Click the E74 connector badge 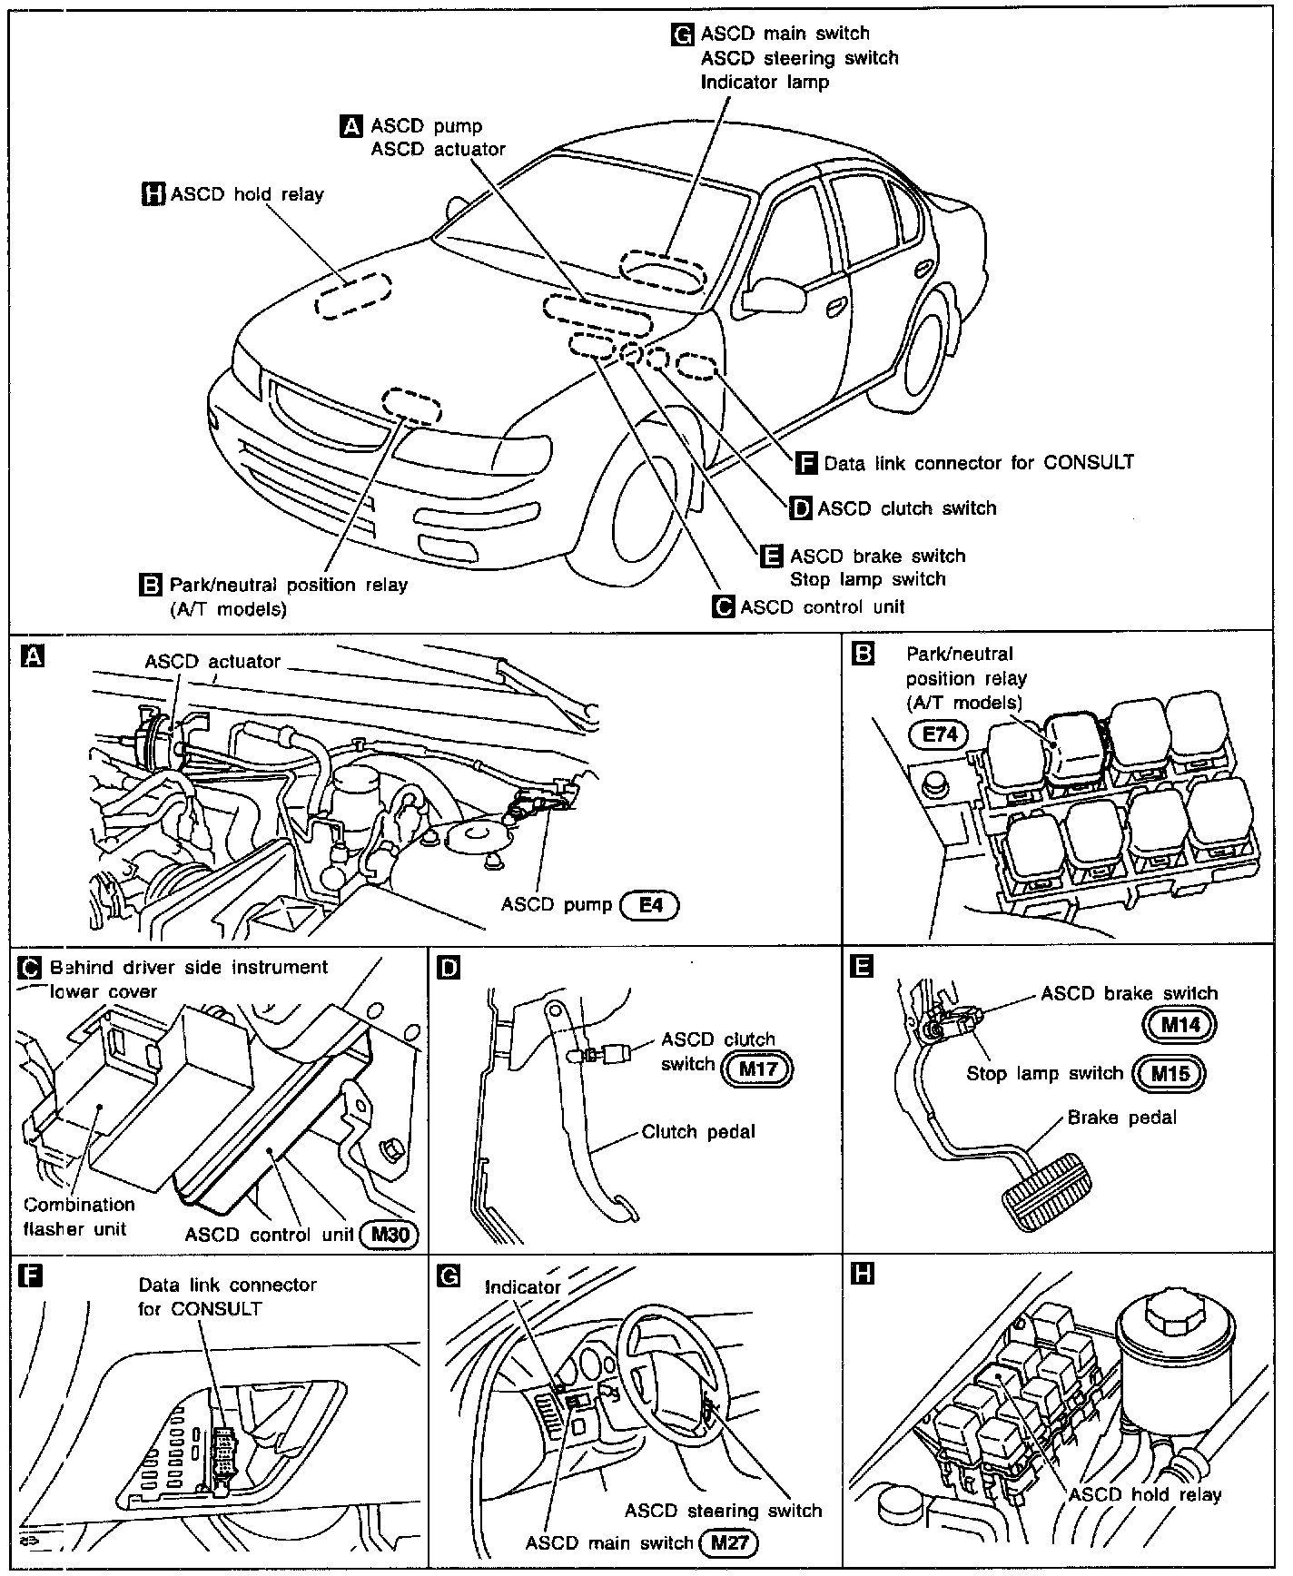940,734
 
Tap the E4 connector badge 648,905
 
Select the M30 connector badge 389,1235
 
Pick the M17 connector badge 756,1069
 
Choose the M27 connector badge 728,1542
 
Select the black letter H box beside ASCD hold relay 154,193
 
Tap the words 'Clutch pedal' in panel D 697,1132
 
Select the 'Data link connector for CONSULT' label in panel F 227,1296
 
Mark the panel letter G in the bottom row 449,1276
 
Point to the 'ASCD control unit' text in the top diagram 823,606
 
